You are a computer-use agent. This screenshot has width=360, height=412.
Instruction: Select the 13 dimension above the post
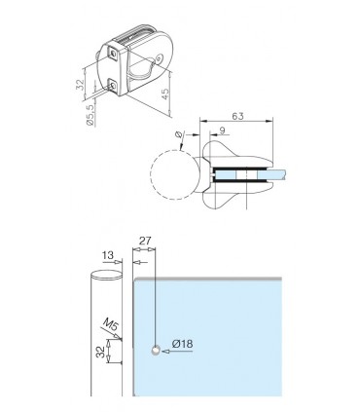(106, 255)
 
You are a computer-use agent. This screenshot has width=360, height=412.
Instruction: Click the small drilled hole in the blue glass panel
(155, 348)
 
